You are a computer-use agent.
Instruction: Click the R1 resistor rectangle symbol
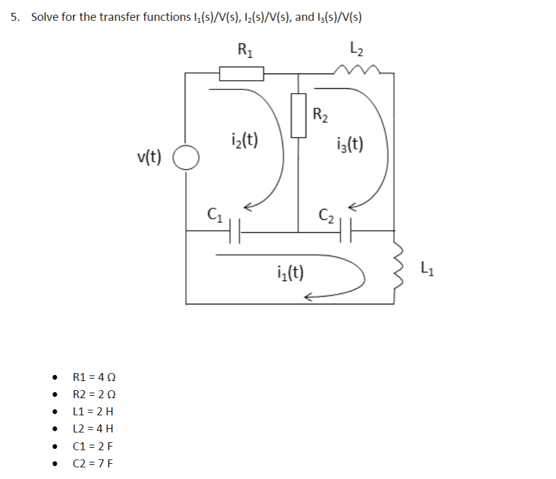242,74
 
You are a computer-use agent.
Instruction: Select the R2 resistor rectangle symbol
299,115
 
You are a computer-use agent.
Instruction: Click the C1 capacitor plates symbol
235,232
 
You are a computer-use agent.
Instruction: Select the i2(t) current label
245,140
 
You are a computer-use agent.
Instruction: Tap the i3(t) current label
350,144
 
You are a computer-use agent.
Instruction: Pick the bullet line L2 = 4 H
93,428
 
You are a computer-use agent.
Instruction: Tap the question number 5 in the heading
15,17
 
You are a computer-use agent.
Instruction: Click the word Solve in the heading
45,17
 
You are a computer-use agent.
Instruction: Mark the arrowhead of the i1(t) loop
308,298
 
